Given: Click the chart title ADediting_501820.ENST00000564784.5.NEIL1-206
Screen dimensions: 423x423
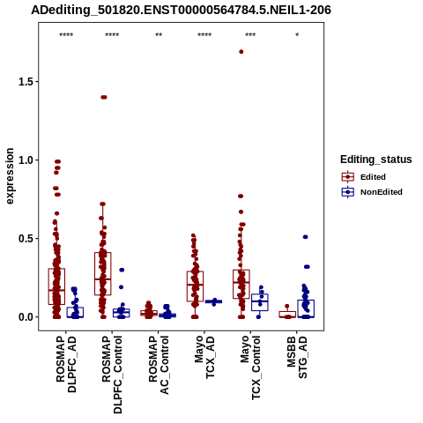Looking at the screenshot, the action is coord(181,11).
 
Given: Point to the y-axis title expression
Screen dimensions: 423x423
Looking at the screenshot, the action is coord(10,176).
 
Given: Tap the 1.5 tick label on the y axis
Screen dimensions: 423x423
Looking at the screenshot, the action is coord(25,82).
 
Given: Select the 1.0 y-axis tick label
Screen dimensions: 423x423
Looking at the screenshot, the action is coord(25,160).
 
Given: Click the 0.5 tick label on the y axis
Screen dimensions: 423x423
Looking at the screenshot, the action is coord(25,239).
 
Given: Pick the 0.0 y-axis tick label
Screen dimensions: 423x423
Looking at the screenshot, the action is coord(25,317).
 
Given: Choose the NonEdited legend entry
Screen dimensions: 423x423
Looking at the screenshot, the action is coord(372,192).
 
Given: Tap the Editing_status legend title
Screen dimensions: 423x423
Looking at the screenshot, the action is coord(376,160).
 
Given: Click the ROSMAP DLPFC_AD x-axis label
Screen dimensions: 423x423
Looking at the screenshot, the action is coord(66,364).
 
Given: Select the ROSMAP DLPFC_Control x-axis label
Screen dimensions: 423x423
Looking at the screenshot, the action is coord(112,375).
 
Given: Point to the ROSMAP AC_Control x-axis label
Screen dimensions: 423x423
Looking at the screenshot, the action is coord(159,365).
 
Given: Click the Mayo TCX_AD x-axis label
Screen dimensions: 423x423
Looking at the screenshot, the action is coord(204,357).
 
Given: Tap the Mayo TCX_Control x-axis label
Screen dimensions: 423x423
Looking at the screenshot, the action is coord(250,367).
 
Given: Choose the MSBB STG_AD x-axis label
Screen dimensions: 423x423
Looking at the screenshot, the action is coord(297,357).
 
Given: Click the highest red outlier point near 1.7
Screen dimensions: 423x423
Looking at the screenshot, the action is coord(241,52).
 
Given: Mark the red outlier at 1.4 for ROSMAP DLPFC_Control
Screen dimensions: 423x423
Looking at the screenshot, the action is coord(104,97).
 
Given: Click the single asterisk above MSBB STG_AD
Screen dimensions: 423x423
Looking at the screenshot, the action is coord(297,35).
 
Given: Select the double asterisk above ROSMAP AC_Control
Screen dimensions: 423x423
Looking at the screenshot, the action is coord(159,35).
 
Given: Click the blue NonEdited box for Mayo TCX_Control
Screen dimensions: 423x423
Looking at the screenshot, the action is coord(260,302).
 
